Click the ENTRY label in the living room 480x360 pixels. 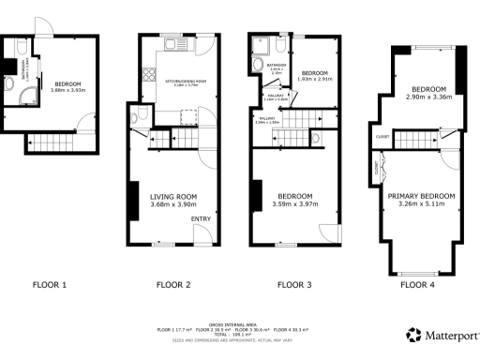tap(201, 219)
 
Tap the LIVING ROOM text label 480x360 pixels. tap(173, 197)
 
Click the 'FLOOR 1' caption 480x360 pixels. tap(50, 284)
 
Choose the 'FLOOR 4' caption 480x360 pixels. tap(418, 284)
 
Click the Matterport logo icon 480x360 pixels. tap(412, 335)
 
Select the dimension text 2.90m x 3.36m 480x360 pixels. tap(428, 97)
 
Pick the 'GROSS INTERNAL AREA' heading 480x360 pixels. tap(239, 321)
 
